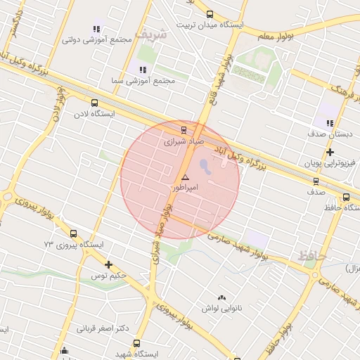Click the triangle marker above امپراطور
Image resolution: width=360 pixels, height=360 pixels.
pos(185,178)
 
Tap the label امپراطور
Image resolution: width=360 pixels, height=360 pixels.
pos(185,188)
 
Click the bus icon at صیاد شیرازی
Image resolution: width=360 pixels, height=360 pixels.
pos(184,129)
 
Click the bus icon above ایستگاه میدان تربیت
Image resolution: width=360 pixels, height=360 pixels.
pos(209,14)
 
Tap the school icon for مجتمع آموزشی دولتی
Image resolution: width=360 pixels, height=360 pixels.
pos(96,29)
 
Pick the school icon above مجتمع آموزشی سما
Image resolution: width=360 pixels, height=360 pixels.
pos(143,70)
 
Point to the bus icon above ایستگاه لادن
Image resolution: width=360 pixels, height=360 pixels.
pos(94,103)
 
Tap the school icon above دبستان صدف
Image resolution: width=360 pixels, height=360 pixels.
pos(330,123)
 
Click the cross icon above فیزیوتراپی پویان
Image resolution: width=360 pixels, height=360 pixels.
pos(330,152)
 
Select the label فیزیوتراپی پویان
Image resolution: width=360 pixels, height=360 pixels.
pos(330,163)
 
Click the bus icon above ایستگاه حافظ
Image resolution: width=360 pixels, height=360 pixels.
pos(346,197)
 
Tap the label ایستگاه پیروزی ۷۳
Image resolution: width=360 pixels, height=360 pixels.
pos(74,245)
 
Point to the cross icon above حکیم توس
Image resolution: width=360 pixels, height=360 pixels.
pos(108,264)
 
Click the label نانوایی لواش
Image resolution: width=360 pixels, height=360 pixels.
pos(222,309)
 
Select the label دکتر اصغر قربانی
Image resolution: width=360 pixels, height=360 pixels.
pos(103,328)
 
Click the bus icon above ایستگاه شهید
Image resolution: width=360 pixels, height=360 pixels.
pos(136,343)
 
